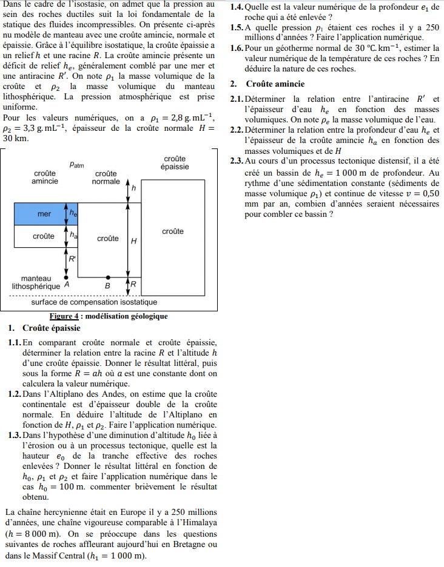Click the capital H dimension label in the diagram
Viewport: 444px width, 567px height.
[x=134, y=240]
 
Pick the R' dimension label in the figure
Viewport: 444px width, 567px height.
[x=73, y=259]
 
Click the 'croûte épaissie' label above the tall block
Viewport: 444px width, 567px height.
[x=175, y=162]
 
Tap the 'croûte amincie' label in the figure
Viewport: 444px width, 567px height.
[x=45, y=177]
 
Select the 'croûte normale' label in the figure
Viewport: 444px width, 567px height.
[x=106, y=177]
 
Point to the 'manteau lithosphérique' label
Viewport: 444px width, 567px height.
[x=36, y=282]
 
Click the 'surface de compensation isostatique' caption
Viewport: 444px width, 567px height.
[x=94, y=302]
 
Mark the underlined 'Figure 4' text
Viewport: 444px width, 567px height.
[x=64, y=316]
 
